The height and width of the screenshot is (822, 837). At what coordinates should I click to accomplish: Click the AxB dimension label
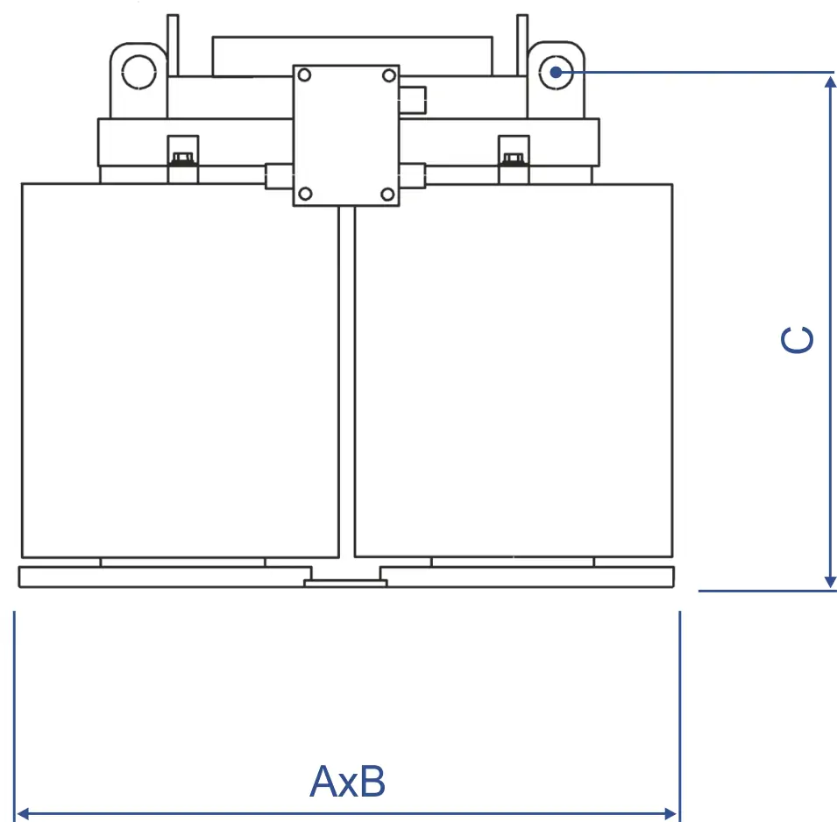348,782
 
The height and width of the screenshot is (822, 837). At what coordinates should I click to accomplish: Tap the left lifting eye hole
138,72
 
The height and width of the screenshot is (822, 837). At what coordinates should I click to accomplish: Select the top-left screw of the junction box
304,76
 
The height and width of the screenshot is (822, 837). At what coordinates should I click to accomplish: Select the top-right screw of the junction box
388,76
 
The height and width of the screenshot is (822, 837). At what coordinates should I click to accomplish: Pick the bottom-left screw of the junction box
304,194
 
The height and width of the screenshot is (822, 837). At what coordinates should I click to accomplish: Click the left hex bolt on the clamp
183,159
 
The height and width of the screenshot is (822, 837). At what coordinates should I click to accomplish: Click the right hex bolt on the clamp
513,159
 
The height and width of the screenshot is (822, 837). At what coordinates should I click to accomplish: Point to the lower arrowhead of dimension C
830,582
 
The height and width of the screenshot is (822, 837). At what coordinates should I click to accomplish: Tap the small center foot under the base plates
344,583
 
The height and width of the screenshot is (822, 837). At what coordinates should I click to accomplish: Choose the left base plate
158,578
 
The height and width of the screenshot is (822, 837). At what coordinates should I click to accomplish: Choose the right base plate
526,578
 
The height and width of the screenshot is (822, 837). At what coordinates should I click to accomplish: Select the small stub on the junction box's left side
278,174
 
